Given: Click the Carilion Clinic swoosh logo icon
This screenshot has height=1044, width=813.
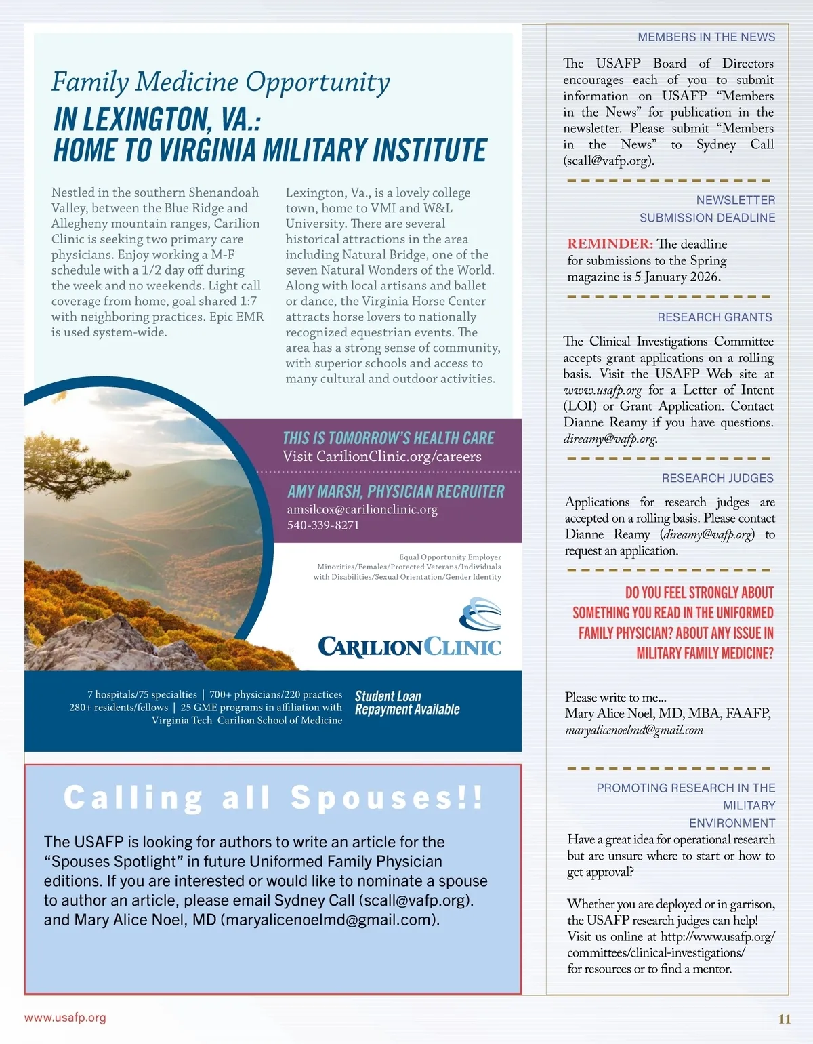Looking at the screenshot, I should [x=481, y=614].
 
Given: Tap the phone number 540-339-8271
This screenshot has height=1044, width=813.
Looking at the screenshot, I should [x=323, y=525].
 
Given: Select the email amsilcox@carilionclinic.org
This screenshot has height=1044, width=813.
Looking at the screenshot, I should [x=362, y=509].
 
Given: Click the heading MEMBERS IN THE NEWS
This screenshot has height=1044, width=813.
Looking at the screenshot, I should [x=706, y=37].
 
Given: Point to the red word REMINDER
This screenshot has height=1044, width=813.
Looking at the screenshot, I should [x=610, y=244].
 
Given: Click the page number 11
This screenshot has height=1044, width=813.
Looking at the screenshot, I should [x=785, y=1019].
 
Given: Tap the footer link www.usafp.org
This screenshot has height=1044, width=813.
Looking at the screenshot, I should [x=65, y=1018].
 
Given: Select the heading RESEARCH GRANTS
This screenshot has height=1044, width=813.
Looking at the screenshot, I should [x=714, y=317].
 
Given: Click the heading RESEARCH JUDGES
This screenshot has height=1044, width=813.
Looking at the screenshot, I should [x=717, y=478].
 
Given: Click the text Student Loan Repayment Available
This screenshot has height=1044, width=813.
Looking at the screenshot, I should [x=406, y=703].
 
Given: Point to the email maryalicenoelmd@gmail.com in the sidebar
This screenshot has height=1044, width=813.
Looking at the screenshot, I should [x=633, y=730].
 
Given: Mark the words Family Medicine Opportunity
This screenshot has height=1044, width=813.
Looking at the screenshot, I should [x=221, y=82].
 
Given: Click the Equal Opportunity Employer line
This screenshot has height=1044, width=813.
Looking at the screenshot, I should [x=450, y=557].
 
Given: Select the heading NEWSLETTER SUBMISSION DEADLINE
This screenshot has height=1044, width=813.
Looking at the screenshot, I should [x=707, y=209].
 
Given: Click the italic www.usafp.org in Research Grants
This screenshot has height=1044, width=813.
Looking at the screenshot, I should [x=602, y=390].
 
